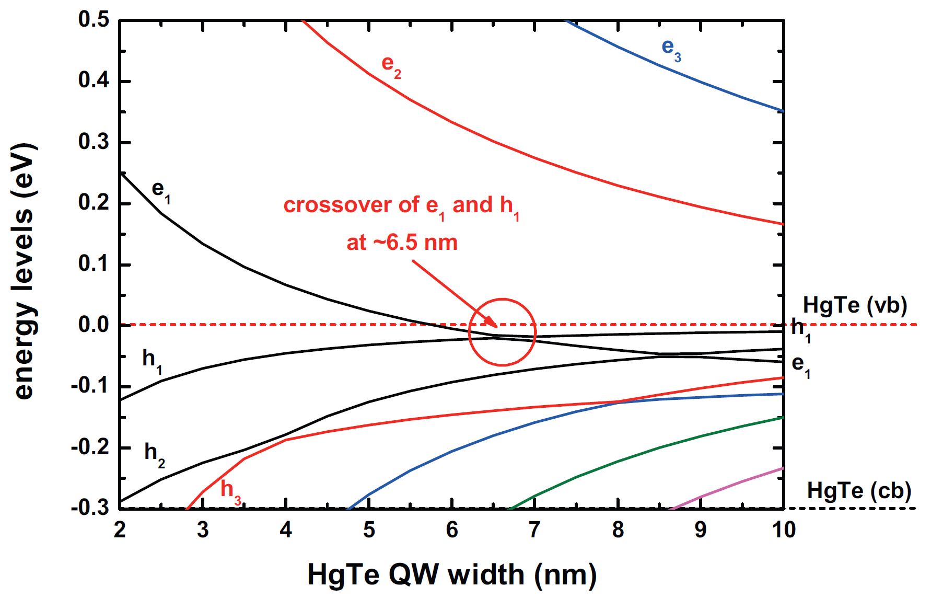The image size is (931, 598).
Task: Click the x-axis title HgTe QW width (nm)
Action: [x=452, y=575]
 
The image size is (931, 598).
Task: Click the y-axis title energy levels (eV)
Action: [x=23, y=271]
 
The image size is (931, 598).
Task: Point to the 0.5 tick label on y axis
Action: [x=94, y=20]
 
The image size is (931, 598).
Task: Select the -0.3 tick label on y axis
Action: [x=90, y=508]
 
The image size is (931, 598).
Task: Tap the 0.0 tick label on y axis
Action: [x=94, y=325]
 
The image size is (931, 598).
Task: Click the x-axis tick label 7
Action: [x=534, y=530]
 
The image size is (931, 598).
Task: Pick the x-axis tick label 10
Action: [x=783, y=530]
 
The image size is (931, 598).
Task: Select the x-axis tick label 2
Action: [x=120, y=530]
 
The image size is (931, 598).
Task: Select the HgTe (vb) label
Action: [x=855, y=305]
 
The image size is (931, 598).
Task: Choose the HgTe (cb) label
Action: [x=859, y=491]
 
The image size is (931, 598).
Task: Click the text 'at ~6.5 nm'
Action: [x=402, y=243]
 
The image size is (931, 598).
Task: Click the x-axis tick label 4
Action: [x=286, y=530]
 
